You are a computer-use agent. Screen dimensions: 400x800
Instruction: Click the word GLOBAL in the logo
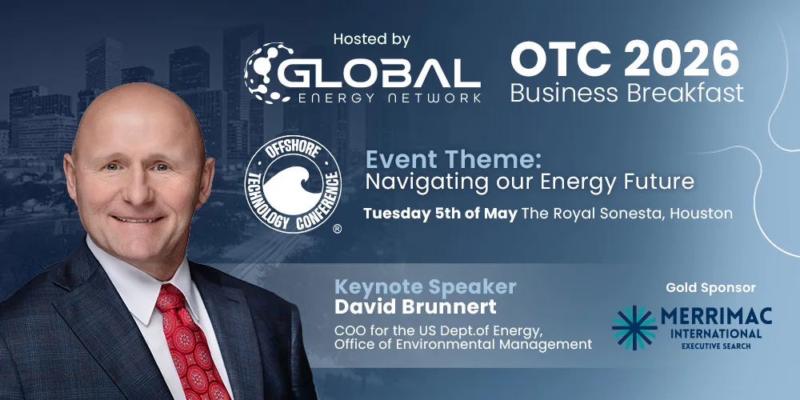[380, 73]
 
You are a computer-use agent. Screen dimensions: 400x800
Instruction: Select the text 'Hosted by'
[371, 38]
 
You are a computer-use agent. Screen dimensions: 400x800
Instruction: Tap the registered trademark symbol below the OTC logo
[337, 229]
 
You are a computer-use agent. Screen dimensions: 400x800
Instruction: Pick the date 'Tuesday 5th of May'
[440, 214]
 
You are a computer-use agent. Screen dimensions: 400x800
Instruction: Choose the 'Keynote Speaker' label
[425, 286]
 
